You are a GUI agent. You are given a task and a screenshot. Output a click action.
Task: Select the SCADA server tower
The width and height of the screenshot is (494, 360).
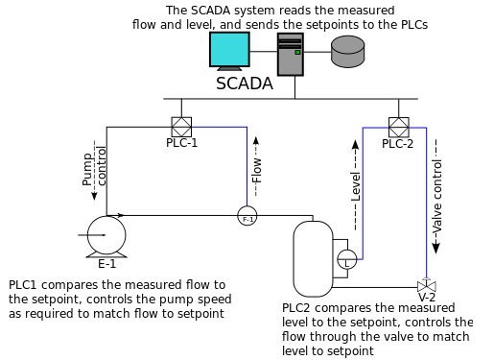(x=291, y=56)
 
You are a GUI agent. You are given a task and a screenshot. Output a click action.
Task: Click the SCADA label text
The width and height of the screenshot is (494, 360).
(x=244, y=84)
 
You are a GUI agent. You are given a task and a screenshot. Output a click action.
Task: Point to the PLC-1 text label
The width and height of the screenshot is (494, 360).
(x=181, y=143)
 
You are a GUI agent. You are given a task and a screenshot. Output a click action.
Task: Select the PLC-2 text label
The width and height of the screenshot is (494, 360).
(x=397, y=144)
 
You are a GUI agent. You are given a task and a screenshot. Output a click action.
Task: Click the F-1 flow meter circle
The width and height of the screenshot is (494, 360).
(x=247, y=217)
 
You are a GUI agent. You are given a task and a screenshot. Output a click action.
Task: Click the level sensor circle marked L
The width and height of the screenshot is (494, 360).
(x=345, y=258)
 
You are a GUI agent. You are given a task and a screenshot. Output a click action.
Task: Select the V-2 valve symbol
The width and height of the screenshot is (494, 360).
(x=424, y=285)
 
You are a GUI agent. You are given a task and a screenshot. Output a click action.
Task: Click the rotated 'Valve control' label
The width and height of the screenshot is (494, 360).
(x=437, y=197)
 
